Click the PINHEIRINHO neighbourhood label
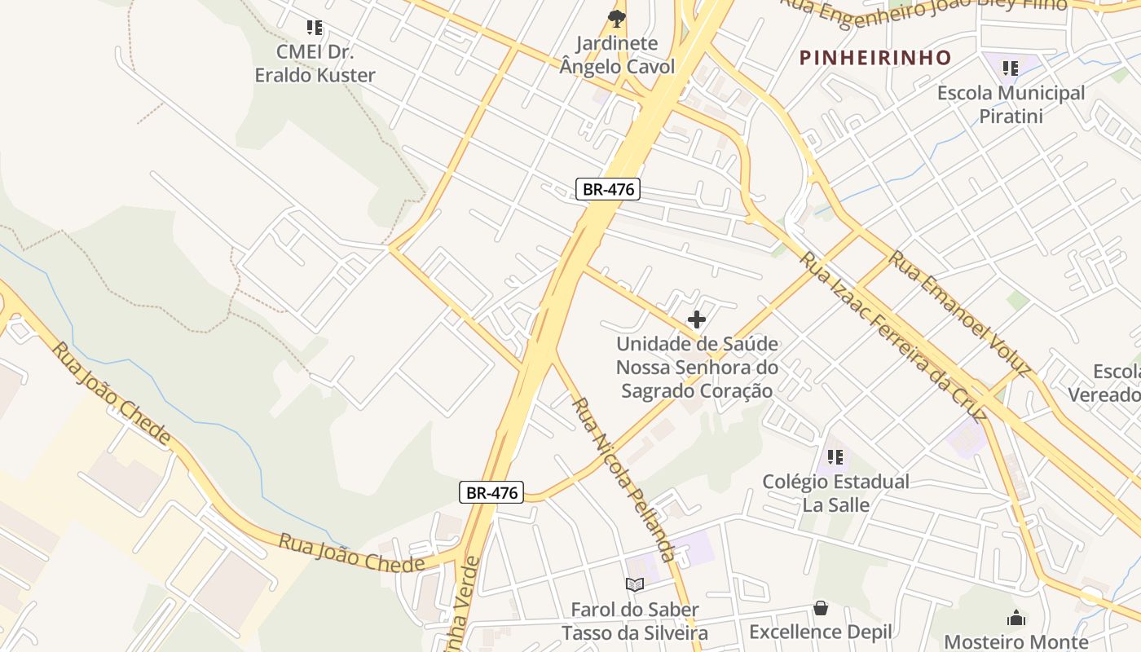click(x=874, y=58)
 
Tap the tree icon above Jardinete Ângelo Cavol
click(x=617, y=18)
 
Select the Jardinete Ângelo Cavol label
click(x=617, y=55)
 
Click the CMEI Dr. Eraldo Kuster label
click(x=315, y=64)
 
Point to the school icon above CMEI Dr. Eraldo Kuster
click(x=315, y=28)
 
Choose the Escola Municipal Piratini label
click(x=1011, y=104)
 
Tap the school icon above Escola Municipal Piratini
click(x=1011, y=68)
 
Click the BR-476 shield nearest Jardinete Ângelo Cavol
click(x=608, y=190)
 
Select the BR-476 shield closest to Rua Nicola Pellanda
click(x=491, y=492)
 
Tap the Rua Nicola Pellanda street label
click(x=623, y=479)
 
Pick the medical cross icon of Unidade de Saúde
click(x=697, y=319)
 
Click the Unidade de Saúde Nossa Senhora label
click(x=697, y=368)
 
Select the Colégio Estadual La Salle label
click(x=835, y=493)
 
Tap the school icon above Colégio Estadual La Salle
click(x=835, y=457)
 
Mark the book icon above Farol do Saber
click(x=634, y=584)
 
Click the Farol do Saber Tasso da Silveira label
click(x=634, y=621)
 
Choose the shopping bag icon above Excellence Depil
click(x=821, y=608)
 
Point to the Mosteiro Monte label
click(x=1015, y=641)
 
